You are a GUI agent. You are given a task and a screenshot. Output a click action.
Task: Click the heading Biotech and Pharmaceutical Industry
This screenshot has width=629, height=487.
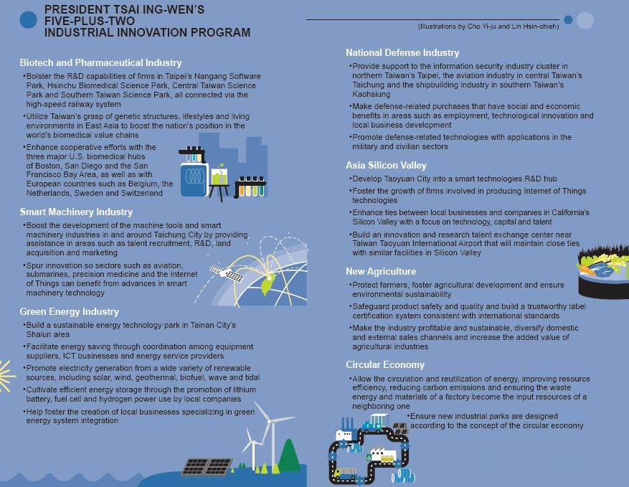(x=101, y=63)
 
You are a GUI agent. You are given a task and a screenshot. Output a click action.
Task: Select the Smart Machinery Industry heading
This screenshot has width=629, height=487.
(x=76, y=212)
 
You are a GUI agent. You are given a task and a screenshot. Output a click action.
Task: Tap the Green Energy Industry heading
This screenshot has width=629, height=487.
(x=70, y=312)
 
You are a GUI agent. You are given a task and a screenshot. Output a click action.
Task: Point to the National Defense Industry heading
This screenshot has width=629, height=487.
(x=402, y=53)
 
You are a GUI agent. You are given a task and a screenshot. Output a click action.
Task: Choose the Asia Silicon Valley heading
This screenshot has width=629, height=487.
(x=386, y=166)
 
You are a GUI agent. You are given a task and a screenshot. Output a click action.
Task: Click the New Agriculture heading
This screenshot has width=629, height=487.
(x=381, y=272)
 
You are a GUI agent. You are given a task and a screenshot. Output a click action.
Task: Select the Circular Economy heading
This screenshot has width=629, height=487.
(x=385, y=364)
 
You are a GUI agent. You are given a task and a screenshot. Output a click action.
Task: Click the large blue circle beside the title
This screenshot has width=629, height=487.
(x=28, y=19)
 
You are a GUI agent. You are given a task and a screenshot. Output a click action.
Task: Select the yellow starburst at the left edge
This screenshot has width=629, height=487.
(x=6, y=374)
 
